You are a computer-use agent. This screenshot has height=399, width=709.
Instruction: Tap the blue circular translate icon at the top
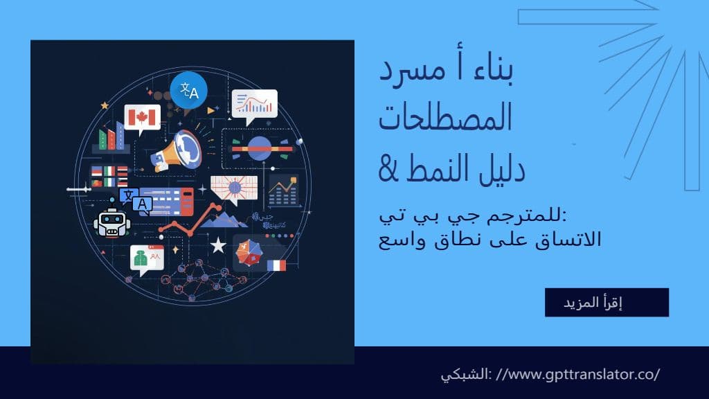pos(188,91)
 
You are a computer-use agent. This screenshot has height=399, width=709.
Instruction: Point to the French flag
pos(276,265)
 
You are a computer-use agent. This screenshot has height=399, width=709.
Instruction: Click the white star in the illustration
pos(218,245)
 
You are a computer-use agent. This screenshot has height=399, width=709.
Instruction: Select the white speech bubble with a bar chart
pos(254,104)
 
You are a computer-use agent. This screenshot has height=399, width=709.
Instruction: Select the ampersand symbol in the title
pos(393,168)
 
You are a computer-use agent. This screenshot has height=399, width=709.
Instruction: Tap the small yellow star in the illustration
pos(105,105)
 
